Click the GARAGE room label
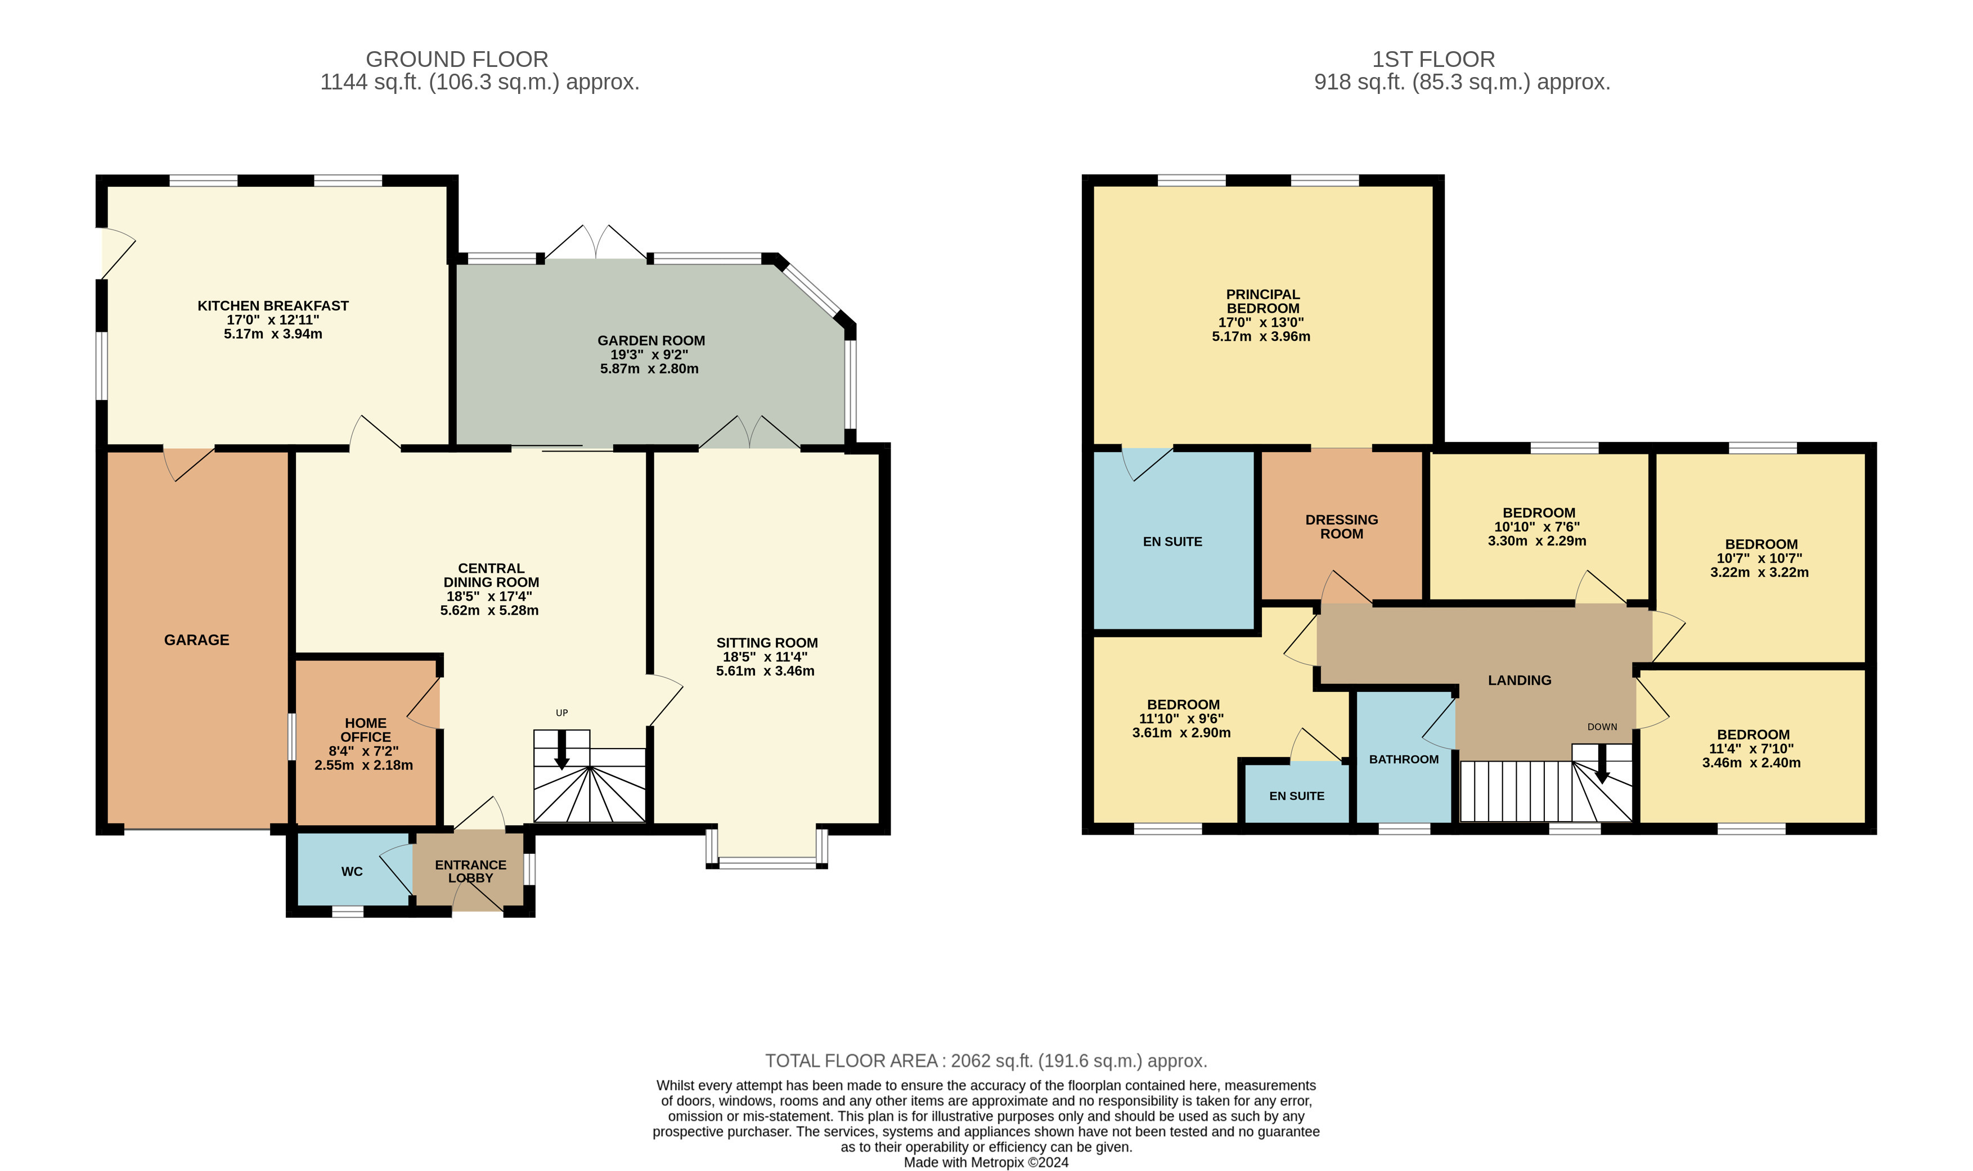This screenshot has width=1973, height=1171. coord(196,640)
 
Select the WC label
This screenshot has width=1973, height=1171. coord(352,871)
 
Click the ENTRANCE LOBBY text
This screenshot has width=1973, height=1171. coord(470,871)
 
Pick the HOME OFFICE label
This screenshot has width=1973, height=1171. coord(365,730)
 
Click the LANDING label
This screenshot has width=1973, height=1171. coord(1519,680)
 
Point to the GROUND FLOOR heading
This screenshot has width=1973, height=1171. coord(456,59)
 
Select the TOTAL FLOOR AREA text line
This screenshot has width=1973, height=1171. coord(986,1061)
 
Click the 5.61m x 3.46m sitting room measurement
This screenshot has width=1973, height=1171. coord(765,672)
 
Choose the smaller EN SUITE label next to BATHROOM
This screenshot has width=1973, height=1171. coord(1297,796)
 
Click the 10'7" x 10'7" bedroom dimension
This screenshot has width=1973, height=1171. coord(1759,559)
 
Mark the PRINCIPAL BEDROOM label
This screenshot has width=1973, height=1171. coord(1262,301)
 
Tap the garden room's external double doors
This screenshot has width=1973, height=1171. coord(596,243)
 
